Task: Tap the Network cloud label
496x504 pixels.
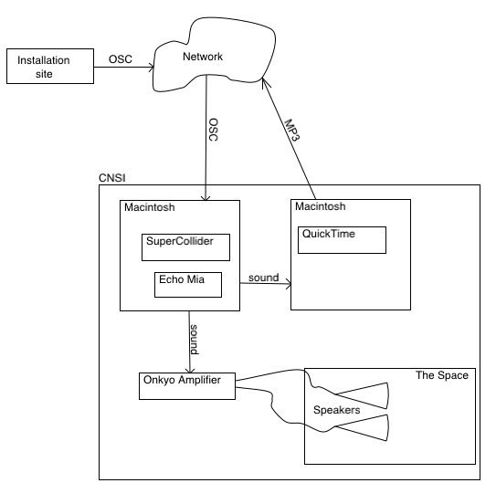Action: (203, 57)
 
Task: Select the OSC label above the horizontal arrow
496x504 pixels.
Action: (121, 59)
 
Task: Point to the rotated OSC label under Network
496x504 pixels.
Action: (213, 130)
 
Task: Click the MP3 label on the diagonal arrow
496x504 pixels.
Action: (292, 130)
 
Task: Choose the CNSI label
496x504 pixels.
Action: (112, 178)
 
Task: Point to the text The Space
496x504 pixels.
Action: (442, 375)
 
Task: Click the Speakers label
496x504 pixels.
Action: (337, 410)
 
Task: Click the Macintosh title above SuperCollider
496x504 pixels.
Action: (150, 207)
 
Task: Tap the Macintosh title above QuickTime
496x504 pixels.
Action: (321, 206)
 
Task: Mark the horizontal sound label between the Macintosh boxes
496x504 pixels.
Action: (263, 278)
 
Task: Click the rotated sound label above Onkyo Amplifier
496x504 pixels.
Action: (194, 340)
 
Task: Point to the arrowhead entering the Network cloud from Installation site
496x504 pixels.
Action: (152, 68)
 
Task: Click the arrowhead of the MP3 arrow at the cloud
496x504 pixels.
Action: (265, 82)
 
